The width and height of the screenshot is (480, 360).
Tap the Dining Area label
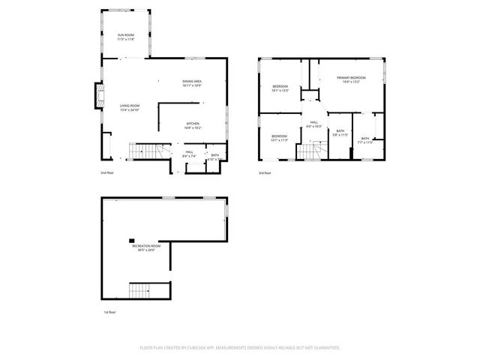pos(192,83)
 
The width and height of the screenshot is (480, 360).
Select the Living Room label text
pos(130,108)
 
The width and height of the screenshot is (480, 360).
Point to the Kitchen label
pos(193,126)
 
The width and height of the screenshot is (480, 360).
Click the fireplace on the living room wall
pos(96,94)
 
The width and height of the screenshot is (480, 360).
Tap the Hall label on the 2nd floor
pos(189,154)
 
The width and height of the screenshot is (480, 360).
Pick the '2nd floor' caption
pos(107,172)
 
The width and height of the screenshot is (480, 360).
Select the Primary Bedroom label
pos(351,79)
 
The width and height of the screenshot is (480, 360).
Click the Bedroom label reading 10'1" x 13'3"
pos(280,88)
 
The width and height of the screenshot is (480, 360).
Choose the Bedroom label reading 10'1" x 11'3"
pos(279,138)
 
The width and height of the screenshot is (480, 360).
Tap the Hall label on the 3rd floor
pos(313,124)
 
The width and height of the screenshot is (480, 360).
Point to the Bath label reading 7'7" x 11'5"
pos(365,140)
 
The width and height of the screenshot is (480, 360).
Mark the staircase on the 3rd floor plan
pos(310,152)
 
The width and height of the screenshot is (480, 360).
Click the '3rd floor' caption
pos(265,172)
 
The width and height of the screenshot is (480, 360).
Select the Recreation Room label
pos(146,247)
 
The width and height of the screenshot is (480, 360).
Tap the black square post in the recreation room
pos(131,233)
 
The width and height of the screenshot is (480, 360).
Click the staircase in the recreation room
pos(145,289)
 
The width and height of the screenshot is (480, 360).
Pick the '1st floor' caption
pos(109,311)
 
